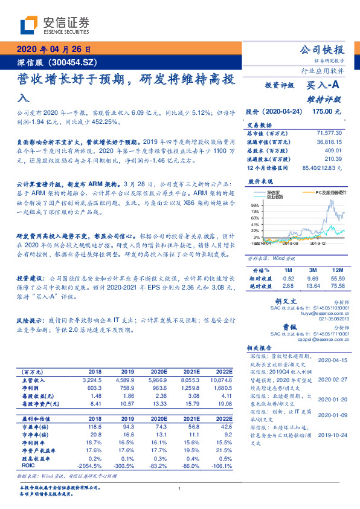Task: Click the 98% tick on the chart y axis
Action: click(x=255, y=206)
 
